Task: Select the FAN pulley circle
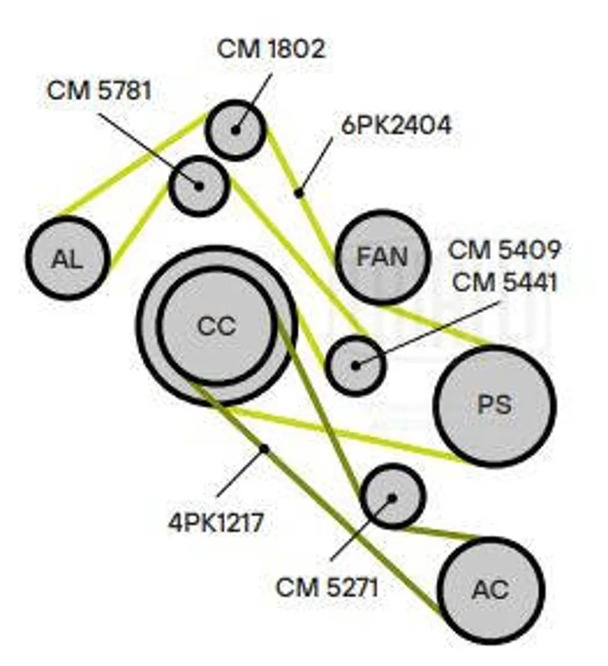click(382, 257)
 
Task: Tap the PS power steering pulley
click(494, 405)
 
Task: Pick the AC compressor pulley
click(490, 590)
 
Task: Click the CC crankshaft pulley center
click(217, 325)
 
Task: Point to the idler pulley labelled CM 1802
click(236, 130)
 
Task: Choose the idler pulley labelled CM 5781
click(199, 186)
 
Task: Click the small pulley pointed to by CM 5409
click(356, 365)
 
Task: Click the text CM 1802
click(271, 49)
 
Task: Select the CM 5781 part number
click(100, 90)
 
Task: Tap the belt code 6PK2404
click(396, 125)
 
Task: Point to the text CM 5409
click(505, 249)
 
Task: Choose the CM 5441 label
click(505, 282)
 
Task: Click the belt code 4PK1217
click(216, 523)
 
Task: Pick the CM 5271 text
click(327, 587)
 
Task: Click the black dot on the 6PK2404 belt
click(299, 193)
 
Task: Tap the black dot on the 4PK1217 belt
click(264, 449)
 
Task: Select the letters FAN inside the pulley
click(382, 257)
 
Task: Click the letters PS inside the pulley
click(494, 405)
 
